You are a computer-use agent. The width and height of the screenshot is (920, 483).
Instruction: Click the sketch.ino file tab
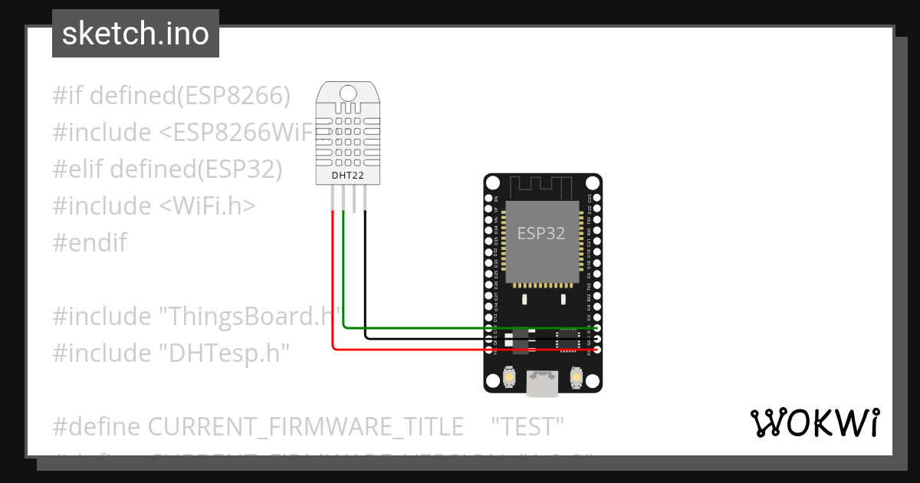136,34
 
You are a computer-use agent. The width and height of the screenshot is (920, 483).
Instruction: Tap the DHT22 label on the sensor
347,176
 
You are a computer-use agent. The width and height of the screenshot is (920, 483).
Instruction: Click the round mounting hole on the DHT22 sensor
348,94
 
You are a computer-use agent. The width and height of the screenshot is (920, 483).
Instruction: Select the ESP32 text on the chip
541,233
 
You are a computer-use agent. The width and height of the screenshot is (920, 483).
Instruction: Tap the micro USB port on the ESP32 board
542,383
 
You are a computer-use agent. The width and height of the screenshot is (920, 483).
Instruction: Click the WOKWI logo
814,422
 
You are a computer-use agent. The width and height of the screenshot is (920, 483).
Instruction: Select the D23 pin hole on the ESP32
597,198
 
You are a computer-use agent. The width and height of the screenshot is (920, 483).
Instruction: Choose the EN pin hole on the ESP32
488,198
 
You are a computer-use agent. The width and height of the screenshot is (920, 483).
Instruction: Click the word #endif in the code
90,243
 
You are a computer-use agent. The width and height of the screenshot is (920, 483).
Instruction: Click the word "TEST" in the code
527,426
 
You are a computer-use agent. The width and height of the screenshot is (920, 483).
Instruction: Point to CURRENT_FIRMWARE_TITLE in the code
305,426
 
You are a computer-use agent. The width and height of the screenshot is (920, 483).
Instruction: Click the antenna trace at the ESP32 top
541,186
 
